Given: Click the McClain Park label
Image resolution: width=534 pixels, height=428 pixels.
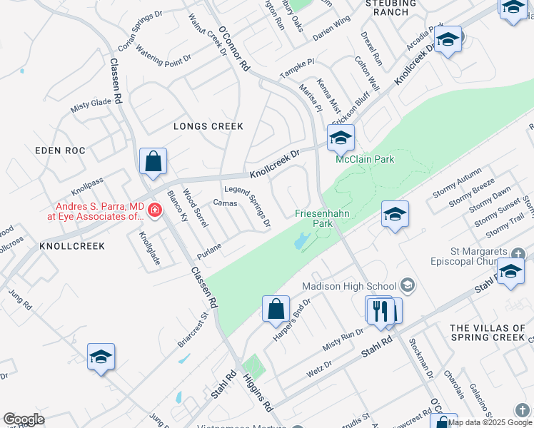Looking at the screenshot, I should [365, 160].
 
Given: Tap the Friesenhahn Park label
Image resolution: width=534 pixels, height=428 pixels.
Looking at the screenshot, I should [314, 218].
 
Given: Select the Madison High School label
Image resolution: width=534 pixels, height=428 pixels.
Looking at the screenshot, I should [348, 286].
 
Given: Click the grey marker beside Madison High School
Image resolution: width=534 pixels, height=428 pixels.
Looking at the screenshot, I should [408, 286].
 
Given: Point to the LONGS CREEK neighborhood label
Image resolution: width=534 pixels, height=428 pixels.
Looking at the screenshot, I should [208, 126].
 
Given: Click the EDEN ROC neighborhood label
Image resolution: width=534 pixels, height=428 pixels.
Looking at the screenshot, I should [60, 151].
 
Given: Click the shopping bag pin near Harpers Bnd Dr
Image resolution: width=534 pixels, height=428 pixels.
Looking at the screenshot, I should [276, 310].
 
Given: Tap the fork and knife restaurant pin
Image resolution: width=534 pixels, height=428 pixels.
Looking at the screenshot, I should [380, 310].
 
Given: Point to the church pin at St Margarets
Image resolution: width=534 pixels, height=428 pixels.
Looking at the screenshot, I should [510, 272].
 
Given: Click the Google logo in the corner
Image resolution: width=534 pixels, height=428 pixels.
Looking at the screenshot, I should [24, 419].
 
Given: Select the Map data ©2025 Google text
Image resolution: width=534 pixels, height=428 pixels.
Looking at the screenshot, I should [490, 422].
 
